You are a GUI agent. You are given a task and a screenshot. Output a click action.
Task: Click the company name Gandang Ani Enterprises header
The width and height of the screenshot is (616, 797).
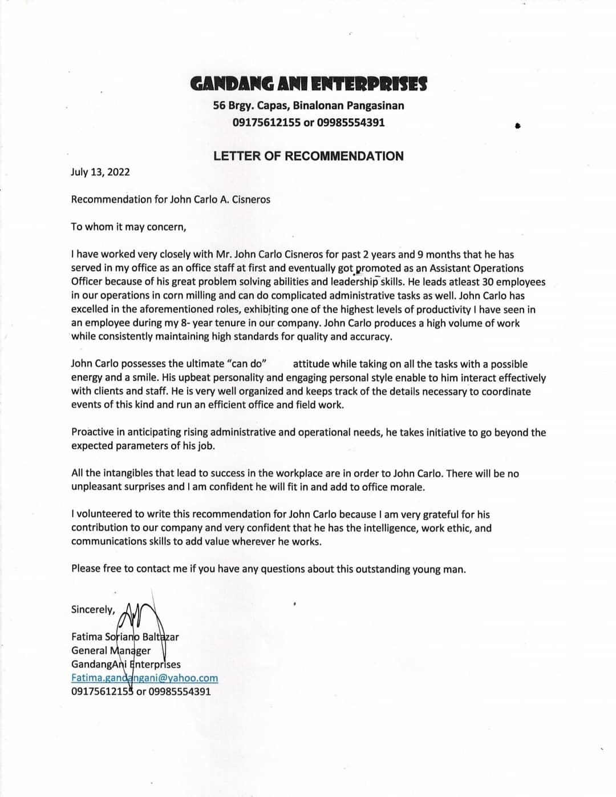click(308, 84)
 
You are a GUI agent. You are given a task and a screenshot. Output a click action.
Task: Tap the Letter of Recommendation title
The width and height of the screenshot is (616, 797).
click(308, 156)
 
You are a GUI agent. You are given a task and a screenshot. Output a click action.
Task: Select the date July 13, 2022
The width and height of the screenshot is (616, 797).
click(100, 172)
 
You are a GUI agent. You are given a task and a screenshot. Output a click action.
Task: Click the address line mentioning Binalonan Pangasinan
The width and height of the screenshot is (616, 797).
click(308, 106)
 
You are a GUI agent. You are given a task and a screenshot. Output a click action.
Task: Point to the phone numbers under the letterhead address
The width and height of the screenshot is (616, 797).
click(308, 122)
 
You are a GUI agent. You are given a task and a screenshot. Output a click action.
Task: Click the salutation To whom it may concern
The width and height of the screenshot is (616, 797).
click(128, 227)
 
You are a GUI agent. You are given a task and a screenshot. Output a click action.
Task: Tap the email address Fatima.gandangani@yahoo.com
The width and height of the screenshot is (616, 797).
click(144, 678)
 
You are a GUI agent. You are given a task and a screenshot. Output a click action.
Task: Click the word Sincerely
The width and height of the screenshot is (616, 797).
click(93, 609)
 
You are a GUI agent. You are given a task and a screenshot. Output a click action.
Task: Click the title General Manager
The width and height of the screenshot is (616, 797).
click(111, 650)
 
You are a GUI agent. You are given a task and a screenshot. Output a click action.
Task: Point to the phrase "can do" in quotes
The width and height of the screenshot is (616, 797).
click(247, 364)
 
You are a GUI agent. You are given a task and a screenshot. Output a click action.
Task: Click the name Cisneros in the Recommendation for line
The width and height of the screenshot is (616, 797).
click(249, 199)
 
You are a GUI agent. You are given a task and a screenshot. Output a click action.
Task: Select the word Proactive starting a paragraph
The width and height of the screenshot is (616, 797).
click(95, 432)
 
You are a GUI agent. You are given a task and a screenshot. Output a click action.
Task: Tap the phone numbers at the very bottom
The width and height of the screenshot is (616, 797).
click(141, 691)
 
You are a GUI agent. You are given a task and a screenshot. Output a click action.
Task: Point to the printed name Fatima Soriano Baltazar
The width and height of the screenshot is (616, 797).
click(125, 637)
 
